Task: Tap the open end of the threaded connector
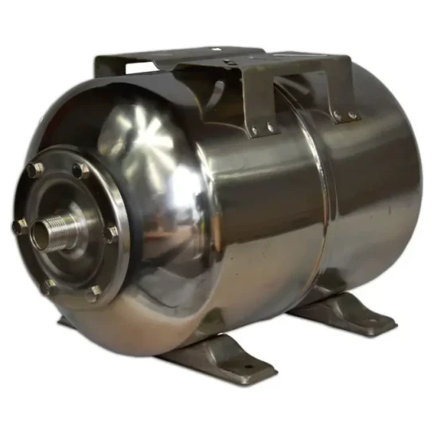pos(41,233)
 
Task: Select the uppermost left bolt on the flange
pos(35,169)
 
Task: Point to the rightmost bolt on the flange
pos(111,233)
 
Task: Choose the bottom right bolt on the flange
pos(95,292)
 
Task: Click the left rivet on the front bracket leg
pos(255,131)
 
